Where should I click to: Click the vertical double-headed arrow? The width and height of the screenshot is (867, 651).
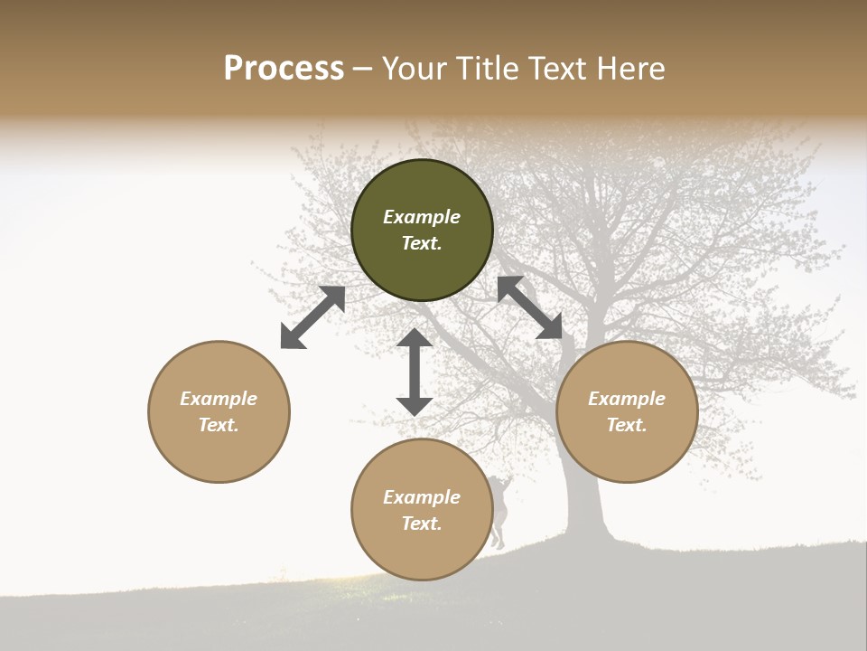(x=415, y=372)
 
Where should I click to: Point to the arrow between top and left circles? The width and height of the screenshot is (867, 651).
(x=312, y=317)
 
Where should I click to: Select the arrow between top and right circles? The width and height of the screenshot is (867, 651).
(x=529, y=307)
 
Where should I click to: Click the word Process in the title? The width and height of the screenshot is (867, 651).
(x=284, y=69)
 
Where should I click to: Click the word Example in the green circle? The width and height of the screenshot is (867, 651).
(x=422, y=217)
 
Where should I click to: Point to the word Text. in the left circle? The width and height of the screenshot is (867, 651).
(x=219, y=425)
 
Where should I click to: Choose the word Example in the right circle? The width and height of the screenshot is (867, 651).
(x=627, y=399)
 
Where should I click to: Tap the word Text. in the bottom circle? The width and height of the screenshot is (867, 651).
(x=422, y=524)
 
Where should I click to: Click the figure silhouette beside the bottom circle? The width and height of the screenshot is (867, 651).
(x=499, y=512)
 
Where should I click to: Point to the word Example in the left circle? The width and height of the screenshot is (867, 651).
(x=219, y=399)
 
